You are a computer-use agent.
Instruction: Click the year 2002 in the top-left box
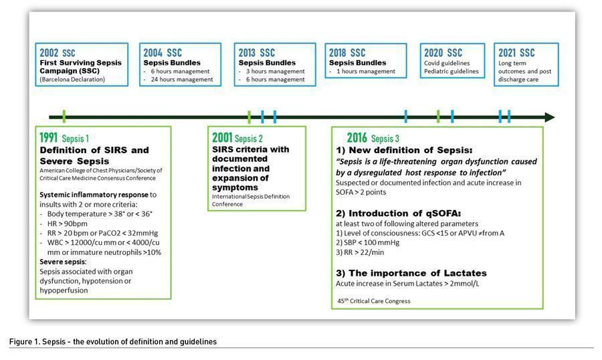click(x=49, y=52)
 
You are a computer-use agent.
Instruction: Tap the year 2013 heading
click(x=248, y=52)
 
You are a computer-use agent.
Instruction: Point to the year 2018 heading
click(x=339, y=52)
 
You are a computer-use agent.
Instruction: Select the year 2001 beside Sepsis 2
click(x=222, y=137)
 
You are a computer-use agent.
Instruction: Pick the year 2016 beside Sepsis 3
click(x=357, y=138)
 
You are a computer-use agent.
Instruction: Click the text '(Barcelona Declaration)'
click(x=72, y=80)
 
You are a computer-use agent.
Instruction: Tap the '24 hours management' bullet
click(x=182, y=80)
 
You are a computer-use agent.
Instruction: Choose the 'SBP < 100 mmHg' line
click(x=369, y=243)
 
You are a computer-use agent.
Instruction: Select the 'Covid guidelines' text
click(x=448, y=63)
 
